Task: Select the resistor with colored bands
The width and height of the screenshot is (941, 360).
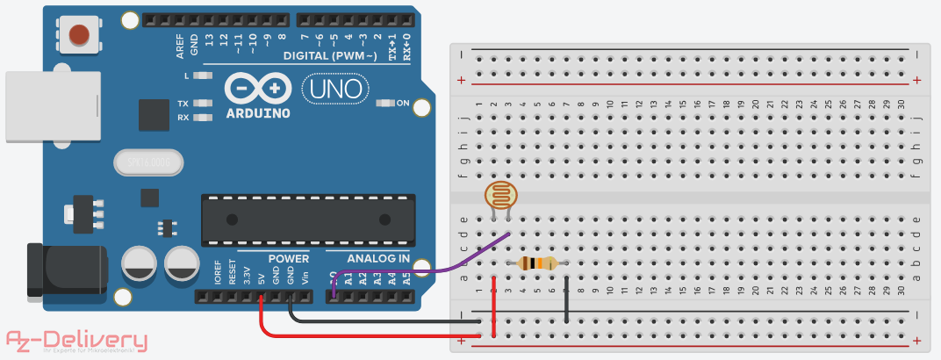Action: pos(537,263)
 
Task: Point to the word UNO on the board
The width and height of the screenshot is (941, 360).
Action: pos(336,88)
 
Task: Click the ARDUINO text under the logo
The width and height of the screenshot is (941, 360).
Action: pos(258,113)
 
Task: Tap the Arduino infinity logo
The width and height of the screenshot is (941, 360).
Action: pos(258,89)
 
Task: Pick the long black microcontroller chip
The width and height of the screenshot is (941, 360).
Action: pos(308,219)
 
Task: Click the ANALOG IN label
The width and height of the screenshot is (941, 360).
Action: pos(378,258)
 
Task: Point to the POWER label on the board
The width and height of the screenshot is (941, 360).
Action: pos(289,258)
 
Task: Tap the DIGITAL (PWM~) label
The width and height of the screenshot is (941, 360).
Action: pos(330,56)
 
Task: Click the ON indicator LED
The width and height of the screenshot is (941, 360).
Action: pos(384,104)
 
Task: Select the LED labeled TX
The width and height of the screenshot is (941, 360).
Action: pos(204,104)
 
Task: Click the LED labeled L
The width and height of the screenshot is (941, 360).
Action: pos(204,76)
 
